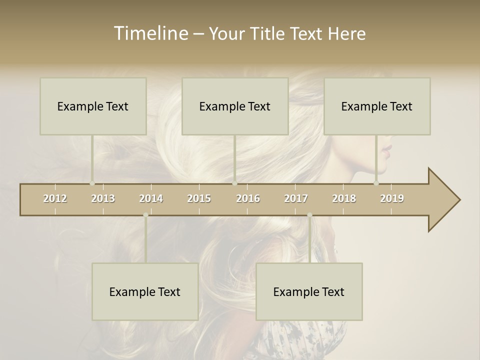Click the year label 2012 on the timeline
click(x=55, y=198)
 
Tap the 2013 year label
click(x=103, y=198)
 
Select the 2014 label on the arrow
click(x=151, y=198)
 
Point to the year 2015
click(x=199, y=198)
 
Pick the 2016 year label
click(x=248, y=198)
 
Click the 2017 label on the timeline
click(x=296, y=198)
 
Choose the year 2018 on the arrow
click(x=344, y=198)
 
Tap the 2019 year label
click(x=392, y=198)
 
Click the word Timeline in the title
click(x=149, y=33)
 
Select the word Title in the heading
click(x=267, y=34)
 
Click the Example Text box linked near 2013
click(x=93, y=106)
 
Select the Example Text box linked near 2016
click(x=235, y=106)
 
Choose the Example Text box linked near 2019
click(x=377, y=106)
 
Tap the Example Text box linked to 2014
click(x=145, y=291)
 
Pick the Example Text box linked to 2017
click(x=309, y=291)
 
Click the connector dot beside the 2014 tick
click(x=145, y=215)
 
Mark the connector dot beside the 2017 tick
click(x=309, y=215)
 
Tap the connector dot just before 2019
click(x=376, y=183)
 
